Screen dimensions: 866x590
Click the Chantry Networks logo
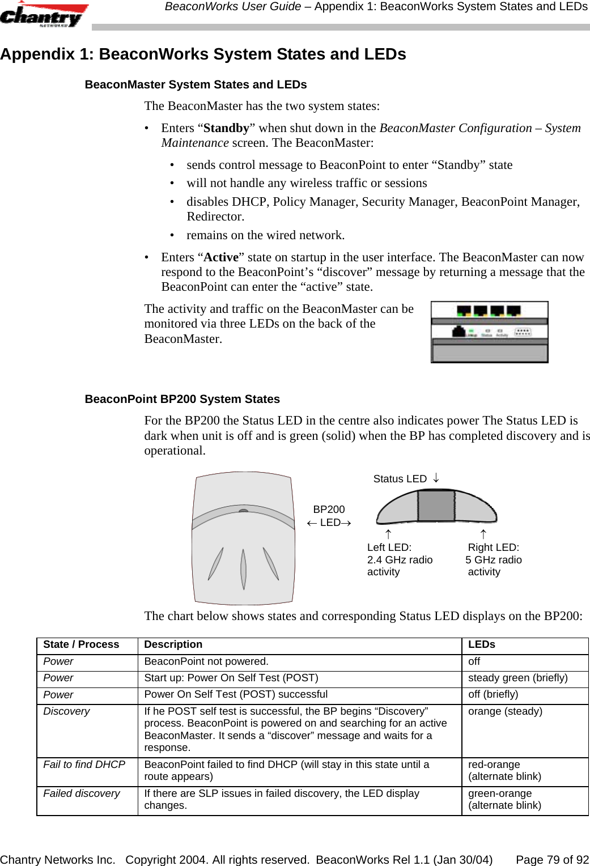point(44,15)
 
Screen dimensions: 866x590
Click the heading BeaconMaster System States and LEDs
point(196,84)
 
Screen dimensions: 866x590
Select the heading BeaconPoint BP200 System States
point(182,399)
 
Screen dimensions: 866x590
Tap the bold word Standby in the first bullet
point(226,128)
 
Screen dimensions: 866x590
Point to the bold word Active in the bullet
point(221,257)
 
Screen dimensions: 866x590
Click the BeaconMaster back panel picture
point(489,332)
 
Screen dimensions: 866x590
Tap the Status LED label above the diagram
point(400,479)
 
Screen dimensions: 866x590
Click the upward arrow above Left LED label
point(388,534)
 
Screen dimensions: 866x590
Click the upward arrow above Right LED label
point(483,534)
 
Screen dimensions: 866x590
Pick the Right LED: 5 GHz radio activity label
point(494,559)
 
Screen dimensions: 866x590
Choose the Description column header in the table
point(173,644)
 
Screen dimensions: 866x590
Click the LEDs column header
point(481,644)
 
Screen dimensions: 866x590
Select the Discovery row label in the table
point(66,711)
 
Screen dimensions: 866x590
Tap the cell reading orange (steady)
point(505,711)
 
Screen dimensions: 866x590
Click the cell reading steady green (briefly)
point(517,678)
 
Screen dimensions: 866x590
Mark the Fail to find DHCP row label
point(84,765)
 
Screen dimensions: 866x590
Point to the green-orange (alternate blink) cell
point(504,799)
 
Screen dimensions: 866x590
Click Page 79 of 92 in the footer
point(552,860)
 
